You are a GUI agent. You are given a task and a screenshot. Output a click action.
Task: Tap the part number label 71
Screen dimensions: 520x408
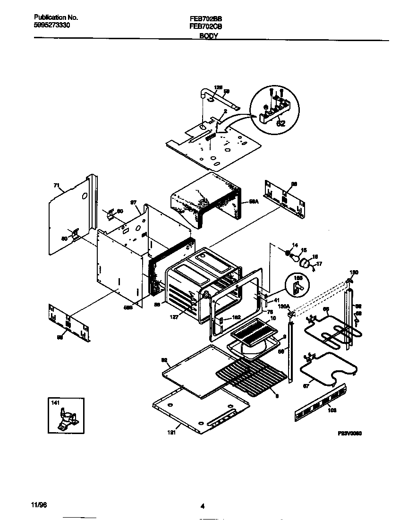56,187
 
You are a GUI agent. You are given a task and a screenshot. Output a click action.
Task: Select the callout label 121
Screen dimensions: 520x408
172,432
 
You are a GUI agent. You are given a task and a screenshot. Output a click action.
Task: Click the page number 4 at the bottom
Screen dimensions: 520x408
203,506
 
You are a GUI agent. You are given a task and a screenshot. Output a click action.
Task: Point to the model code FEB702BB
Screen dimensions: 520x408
203,18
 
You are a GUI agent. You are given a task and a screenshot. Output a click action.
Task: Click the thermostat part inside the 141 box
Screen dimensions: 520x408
66,418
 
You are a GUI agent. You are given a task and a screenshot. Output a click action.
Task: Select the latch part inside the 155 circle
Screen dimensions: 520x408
297,289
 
